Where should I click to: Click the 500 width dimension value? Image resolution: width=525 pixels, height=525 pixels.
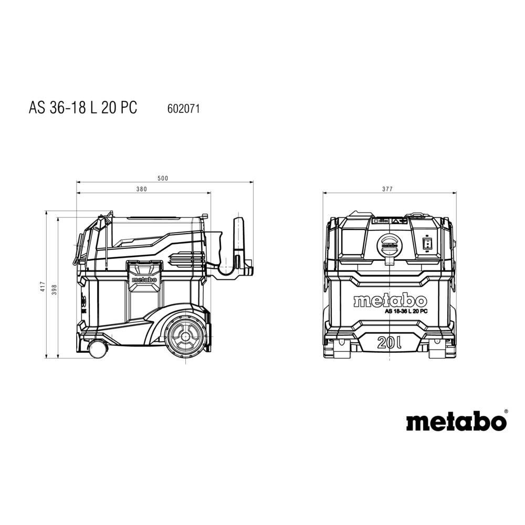(163, 178)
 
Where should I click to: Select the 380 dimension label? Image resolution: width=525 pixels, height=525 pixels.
(142, 190)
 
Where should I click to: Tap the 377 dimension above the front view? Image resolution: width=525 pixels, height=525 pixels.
(387, 190)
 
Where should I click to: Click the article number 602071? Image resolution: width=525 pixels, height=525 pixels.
(183, 109)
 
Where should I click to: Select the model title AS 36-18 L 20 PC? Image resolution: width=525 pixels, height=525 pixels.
(83, 108)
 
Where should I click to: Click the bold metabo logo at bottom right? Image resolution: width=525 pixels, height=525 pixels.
(456, 422)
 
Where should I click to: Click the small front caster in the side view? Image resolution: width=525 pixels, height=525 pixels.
(97, 349)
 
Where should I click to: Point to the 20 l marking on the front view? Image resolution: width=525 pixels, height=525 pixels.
(389, 343)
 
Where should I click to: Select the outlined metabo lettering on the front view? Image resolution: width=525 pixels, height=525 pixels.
(390, 301)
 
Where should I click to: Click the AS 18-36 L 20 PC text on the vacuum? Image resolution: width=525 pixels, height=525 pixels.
(406, 311)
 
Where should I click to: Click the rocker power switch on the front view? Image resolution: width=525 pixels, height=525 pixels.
(427, 243)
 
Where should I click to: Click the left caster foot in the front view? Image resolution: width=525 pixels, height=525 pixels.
(340, 349)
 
